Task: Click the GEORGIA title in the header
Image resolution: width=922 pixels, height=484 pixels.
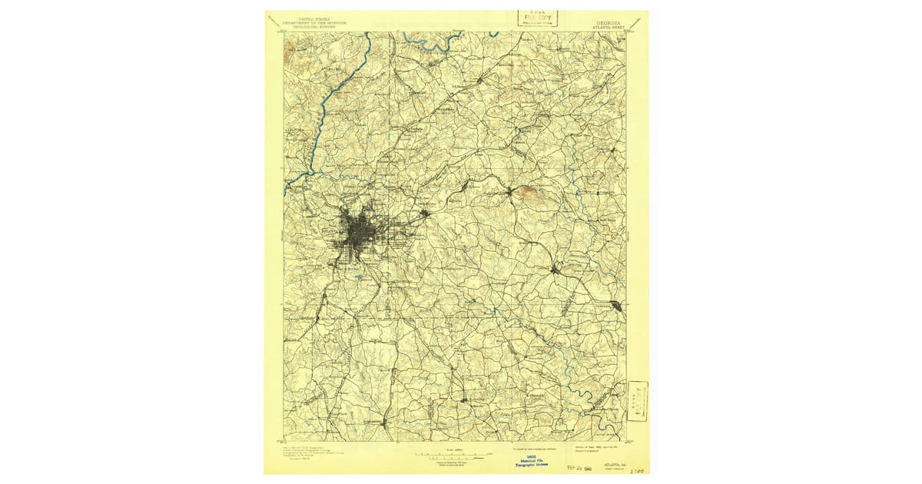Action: tap(608, 23)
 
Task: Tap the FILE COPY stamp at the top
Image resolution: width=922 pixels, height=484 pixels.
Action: tap(538, 18)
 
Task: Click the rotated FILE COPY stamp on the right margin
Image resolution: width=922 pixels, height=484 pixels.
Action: tap(638, 400)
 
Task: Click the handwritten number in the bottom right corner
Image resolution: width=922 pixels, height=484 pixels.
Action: tap(635, 468)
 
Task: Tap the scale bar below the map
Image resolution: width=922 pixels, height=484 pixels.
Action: tap(449, 455)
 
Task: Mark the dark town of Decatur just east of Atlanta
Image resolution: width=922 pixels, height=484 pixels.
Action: tap(424, 214)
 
